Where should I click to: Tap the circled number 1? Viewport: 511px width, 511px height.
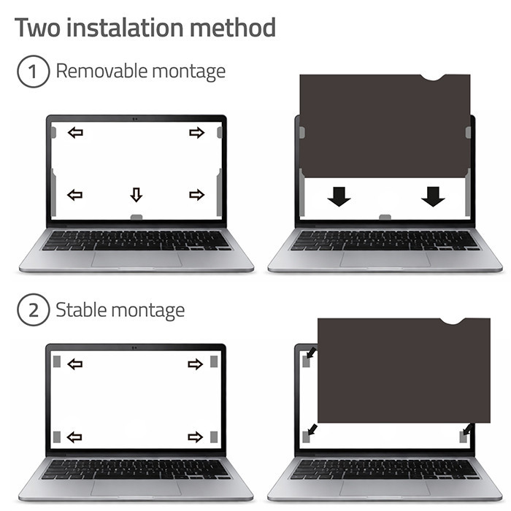pos(34,72)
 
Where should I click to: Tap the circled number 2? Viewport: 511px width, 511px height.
pos(34,310)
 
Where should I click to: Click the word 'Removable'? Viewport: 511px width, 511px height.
pos(101,71)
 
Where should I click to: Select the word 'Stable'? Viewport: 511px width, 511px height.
pos(81,310)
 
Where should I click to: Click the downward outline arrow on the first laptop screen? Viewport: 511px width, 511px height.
pos(137,195)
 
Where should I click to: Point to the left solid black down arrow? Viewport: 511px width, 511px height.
pos(339,197)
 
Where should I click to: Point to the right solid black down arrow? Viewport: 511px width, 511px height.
pos(433,197)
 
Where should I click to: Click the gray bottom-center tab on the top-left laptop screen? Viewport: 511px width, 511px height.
pos(137,217)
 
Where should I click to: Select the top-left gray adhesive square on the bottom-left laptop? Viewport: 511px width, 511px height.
pos(57,361)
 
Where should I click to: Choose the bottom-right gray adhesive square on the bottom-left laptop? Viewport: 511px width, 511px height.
pos(214,437)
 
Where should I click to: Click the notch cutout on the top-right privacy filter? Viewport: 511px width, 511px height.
pos(433,77)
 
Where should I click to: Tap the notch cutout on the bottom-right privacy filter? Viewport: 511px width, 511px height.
pos(453,321)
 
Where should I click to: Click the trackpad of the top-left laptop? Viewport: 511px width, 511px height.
pos(137,259)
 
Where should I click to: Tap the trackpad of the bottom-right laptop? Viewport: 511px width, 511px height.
pos(385,489)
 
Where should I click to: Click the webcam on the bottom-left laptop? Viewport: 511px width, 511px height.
pos(134,347)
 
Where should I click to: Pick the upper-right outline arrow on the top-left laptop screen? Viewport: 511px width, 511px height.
pos(196,133)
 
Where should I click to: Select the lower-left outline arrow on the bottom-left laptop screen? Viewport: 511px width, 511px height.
pos(74,437)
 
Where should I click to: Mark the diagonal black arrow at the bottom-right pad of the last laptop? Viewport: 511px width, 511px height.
pos(469,429)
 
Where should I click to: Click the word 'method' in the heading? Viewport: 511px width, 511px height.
pos(233,28)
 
